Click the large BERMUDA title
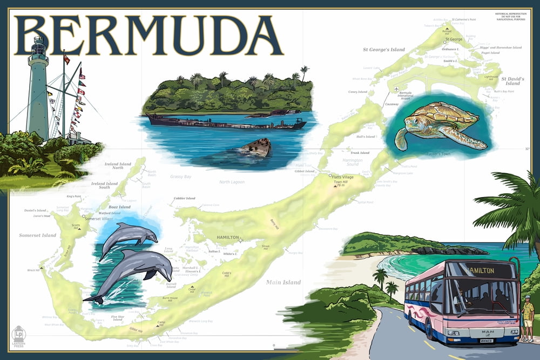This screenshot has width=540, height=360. pos(148,35)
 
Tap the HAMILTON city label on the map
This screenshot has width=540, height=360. pos(227,237)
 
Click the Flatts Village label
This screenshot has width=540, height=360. pos(343,176)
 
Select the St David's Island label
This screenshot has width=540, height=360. pos(512,81)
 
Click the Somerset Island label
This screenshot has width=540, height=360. pos(38,235)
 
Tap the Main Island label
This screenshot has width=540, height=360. pos(283,282)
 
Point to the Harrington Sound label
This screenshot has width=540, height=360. pos(353,162)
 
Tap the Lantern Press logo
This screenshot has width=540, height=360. pos(19,335)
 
